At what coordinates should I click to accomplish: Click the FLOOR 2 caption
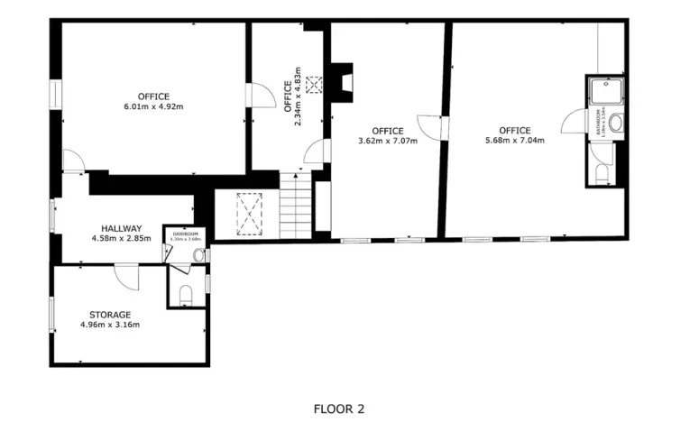pyautogui.click(x=339, y=408)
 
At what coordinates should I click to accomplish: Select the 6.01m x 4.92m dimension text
pyautogui.click(x=153, y=107)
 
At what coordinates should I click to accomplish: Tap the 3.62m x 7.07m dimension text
pyautogui.click(x=388, y=140)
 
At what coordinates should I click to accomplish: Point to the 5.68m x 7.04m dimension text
pyautogui.click(x=515, y=140)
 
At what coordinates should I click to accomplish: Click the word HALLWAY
pyautogui.click(x=121, y=229)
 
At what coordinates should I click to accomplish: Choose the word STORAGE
pyautogui.click(x=110, y=315)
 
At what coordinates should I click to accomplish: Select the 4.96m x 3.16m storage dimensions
pyautogui.click(x=110, y=325)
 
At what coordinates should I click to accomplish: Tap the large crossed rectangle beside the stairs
pyautogui.click(x=247, y=213)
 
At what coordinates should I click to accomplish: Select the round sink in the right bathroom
pyautogui.click(x=615, y=123)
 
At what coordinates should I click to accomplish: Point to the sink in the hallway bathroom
pyautogui.click(x=198, y=255)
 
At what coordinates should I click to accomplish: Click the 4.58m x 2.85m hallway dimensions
pyautogui.click(x=121, y=239)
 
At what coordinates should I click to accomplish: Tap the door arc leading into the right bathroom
pyautogui.click(x=574, y=121)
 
